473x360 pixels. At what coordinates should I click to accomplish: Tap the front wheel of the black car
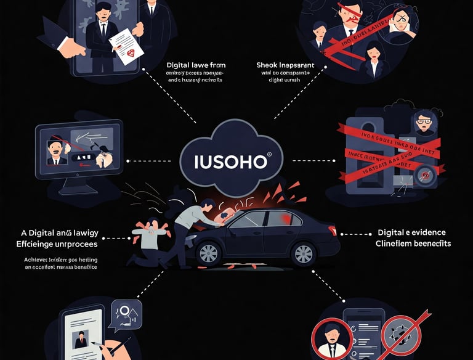click(209, 253)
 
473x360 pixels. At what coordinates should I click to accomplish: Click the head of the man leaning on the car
click(207, 206)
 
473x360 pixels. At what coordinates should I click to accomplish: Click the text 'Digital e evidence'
click(411, 232)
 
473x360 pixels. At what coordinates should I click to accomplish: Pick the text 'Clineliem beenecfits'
click(413, 243)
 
